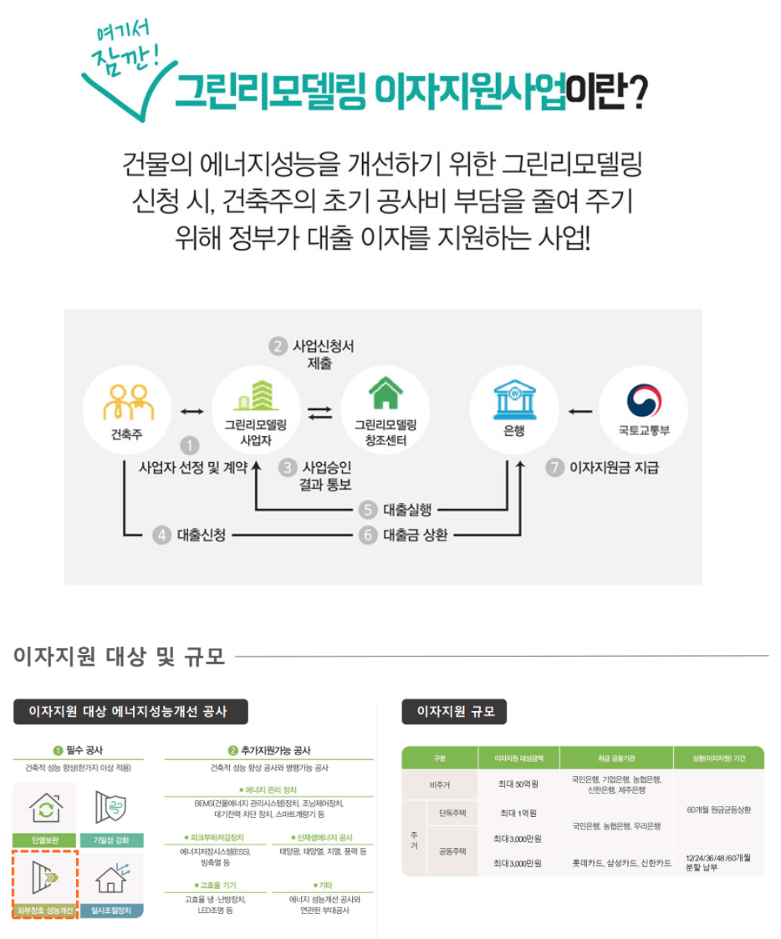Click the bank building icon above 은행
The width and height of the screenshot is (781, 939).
513,400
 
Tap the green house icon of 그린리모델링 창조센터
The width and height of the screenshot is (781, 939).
385,395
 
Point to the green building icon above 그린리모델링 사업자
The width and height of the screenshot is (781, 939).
255,397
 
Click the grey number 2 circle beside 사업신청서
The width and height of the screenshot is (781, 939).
277,346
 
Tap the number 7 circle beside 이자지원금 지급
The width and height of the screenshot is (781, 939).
555,468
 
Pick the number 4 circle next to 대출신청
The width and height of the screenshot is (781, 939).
161,535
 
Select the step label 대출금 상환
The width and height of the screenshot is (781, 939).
416,535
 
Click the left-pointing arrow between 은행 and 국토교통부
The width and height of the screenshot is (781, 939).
580,411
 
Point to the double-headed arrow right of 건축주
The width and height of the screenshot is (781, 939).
191,411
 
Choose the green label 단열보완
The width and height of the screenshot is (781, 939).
44,840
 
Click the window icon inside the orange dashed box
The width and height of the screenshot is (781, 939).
44,876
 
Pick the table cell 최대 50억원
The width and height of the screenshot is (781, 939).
518,784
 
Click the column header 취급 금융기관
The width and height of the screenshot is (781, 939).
616,759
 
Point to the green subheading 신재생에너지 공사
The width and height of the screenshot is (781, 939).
323,837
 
